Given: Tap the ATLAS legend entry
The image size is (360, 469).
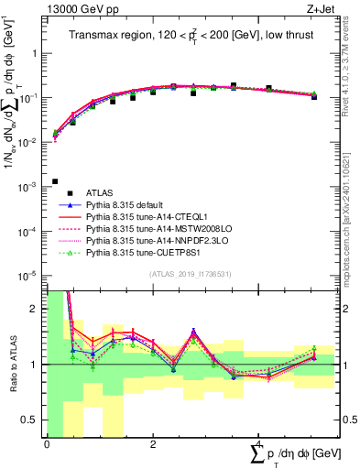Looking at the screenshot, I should pos(102,192).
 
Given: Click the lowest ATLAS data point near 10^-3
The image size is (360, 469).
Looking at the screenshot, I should pos(56,181).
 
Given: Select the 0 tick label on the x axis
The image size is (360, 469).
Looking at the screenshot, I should pos(47,444).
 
